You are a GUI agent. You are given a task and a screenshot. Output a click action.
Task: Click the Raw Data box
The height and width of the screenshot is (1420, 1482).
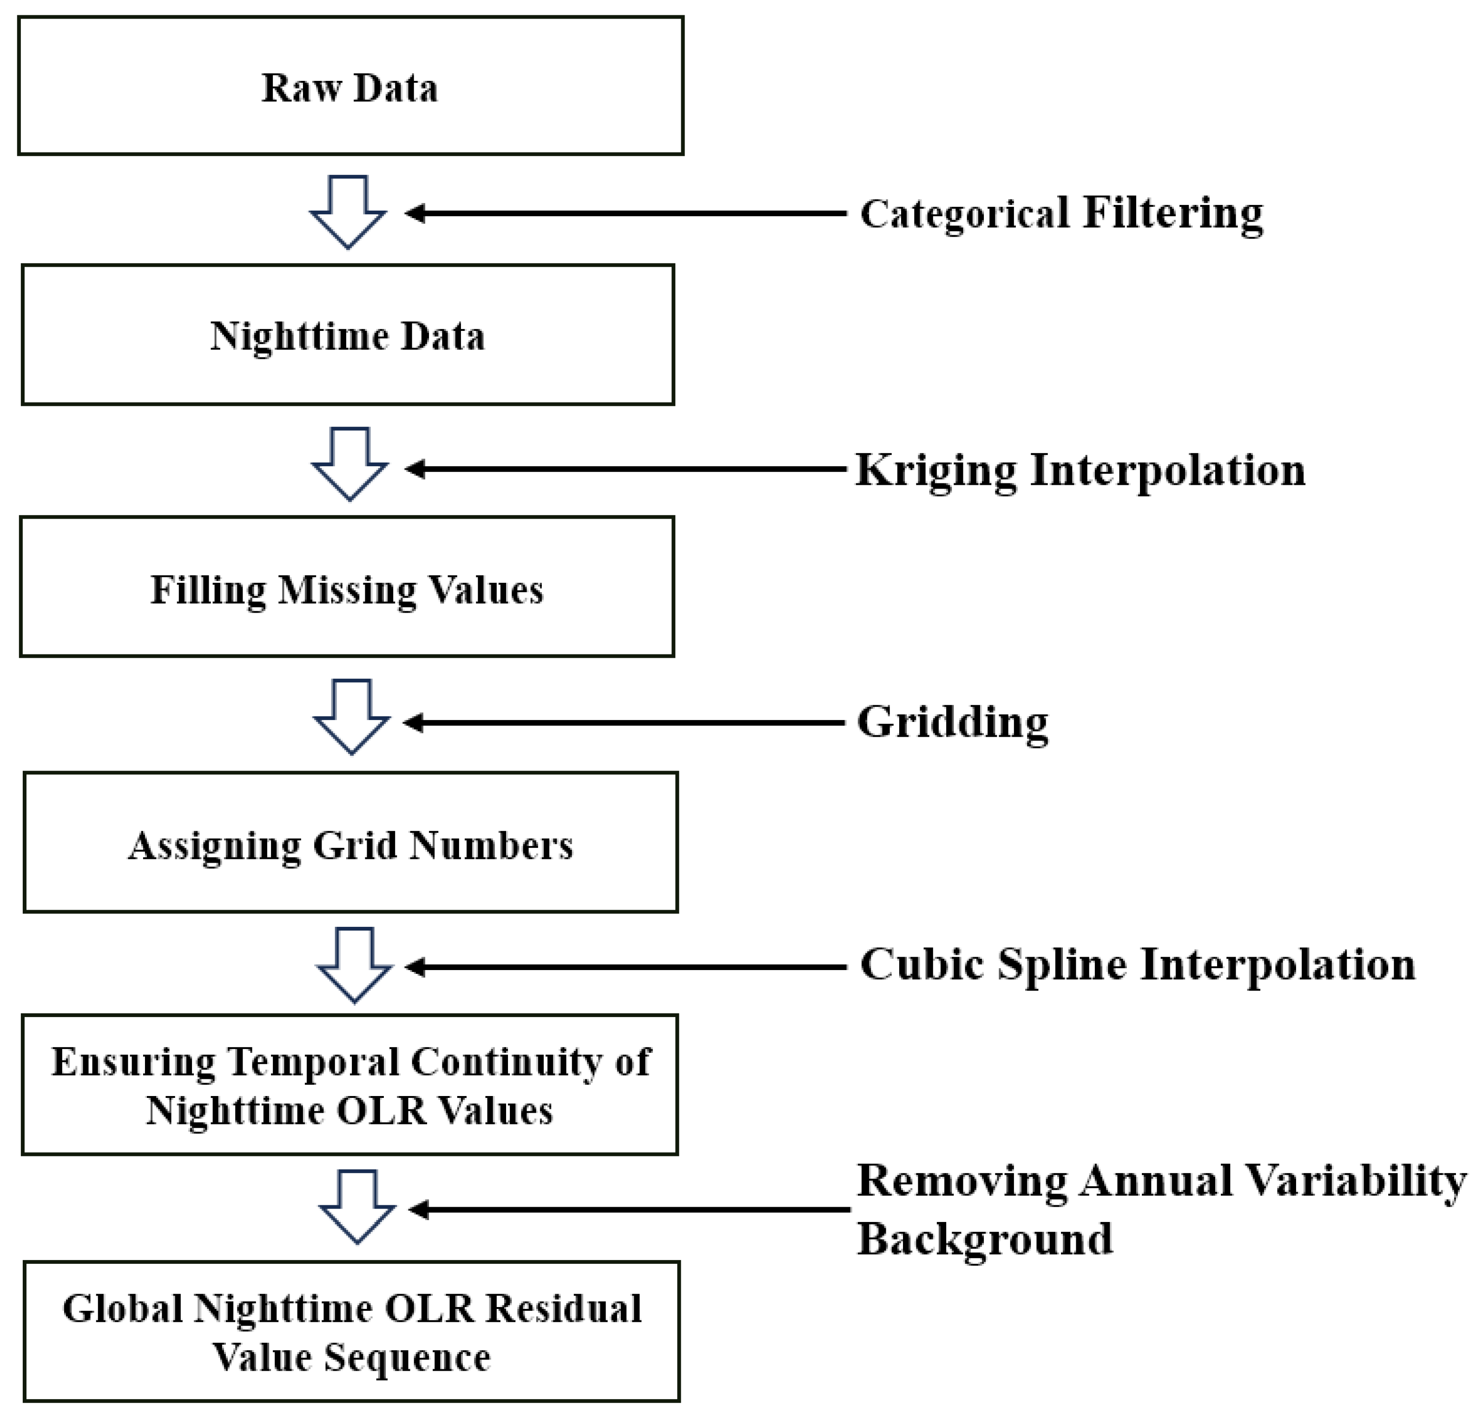(350, 86)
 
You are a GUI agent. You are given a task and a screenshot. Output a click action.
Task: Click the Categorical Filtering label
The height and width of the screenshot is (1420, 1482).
(1061, 213)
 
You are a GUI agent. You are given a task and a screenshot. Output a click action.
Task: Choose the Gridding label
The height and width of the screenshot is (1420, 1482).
(952, 722)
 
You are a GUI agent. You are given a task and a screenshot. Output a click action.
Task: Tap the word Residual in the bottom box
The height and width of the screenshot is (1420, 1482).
(563, 1308)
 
